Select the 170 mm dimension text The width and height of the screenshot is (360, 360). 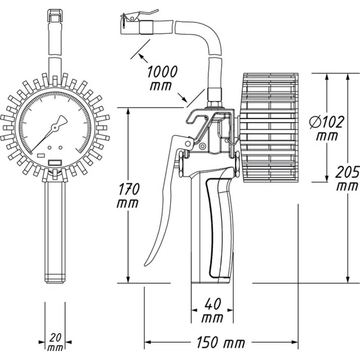coord(128,195)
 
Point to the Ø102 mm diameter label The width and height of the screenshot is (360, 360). coord(327,128)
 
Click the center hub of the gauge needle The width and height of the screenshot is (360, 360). coord(55,127)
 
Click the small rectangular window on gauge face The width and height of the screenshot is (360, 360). coord(55,163)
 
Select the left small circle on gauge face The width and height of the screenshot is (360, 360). coord(50,148)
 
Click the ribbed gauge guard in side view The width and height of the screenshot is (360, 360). coord(270,128)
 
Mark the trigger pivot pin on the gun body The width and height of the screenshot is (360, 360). coord(188,144)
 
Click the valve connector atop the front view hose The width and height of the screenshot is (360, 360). coord(55,16)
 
